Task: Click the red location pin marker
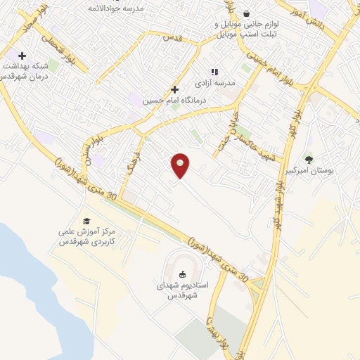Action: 181,165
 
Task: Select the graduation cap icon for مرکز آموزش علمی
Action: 86,221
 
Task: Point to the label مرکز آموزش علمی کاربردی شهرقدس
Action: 88,237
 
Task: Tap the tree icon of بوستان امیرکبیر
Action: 309,158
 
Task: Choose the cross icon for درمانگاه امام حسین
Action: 174,89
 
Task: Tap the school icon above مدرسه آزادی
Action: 215,71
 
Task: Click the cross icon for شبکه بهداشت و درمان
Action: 22,56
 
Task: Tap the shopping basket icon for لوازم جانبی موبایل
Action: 246,13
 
